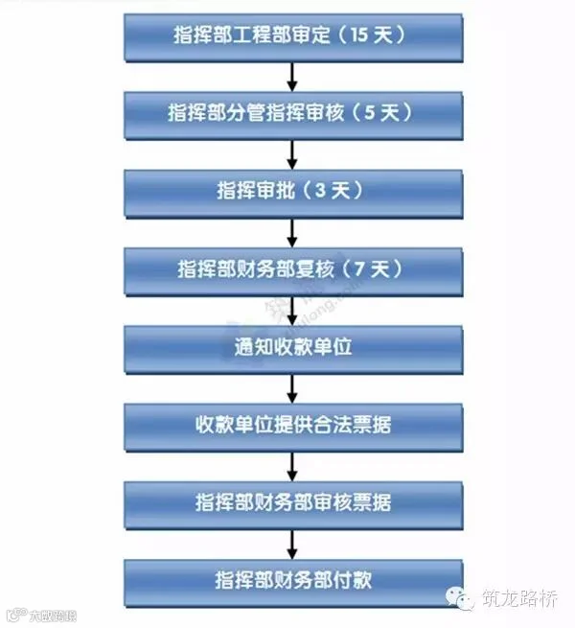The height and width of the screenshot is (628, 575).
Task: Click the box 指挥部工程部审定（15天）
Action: (x=292, y=36)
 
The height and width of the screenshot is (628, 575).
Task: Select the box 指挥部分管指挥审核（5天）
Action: (x=292, y=114)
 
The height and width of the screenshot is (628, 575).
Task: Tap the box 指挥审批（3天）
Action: (x=292, y=191)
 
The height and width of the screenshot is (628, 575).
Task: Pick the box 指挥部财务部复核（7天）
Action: (x=292, y=268)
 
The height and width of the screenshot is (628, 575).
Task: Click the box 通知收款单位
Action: (x=292, y=346)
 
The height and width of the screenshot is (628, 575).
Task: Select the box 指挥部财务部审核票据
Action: (x=292, y=502)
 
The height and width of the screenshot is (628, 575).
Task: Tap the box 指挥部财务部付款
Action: (x=292, y=580)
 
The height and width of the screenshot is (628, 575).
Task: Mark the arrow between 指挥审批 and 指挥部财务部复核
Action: (x=292, y=230)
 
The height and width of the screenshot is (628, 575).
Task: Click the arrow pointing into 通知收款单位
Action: (x=292, y=308)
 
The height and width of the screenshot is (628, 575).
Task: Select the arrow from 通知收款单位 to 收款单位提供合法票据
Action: (x=292, y=385)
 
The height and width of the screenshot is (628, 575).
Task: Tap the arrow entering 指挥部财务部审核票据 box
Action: (x=292, y=463)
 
